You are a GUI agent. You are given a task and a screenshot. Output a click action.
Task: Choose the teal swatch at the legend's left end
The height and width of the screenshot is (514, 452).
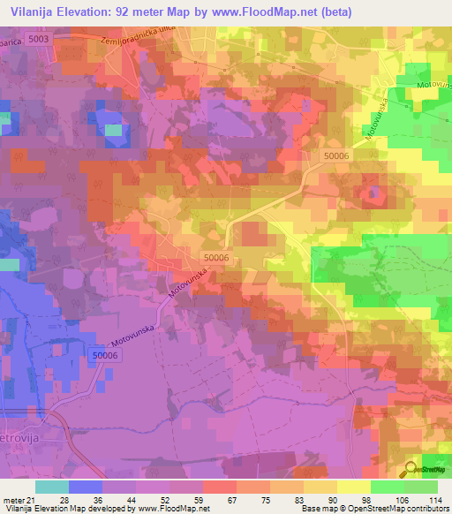point(52,487)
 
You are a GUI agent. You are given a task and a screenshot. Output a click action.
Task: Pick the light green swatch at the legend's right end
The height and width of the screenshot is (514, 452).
point(421,487)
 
